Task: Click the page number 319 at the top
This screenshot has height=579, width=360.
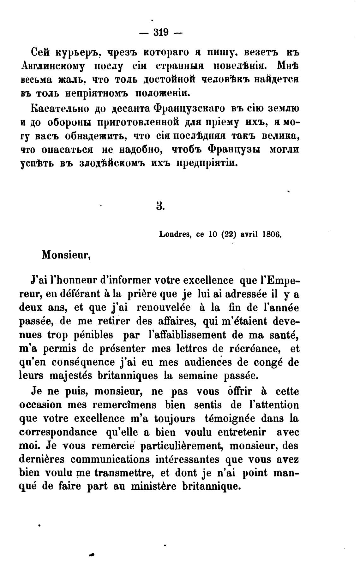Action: [161, 32]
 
